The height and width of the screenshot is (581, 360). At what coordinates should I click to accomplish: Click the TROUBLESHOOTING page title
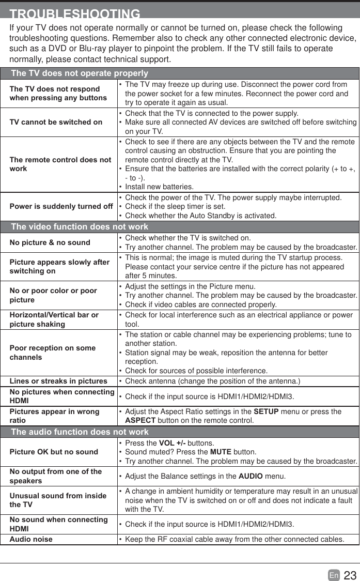pos(75,14)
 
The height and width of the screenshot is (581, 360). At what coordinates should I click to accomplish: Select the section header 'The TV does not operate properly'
pos(80,73)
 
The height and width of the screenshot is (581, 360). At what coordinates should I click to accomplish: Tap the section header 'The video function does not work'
pos(80,226)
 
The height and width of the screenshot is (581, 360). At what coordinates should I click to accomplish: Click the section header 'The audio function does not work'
pos(80,432)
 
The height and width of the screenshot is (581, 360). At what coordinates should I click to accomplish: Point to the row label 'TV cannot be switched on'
pos(56,123)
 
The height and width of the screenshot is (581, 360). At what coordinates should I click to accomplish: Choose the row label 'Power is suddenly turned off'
pos(61,206)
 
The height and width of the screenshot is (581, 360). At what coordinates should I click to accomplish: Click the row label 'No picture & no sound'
pos(50,242)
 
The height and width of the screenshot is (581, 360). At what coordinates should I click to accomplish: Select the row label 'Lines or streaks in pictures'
pos(58,381)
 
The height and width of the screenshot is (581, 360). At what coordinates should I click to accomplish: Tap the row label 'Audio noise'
pos(31,539)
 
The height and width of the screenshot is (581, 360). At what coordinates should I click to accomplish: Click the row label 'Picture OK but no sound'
pos(54,452)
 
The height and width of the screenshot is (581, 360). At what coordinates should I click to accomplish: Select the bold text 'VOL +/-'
pos(172,443)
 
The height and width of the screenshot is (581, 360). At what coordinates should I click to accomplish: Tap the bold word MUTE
pos(221,452)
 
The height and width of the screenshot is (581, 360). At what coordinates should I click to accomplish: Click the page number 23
pos(350,575)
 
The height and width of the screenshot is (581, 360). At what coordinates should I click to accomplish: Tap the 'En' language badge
pos(334,575)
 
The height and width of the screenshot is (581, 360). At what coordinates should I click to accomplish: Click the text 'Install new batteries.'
pos(160,187)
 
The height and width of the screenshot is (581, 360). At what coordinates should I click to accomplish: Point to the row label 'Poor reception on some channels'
pos(53,353)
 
